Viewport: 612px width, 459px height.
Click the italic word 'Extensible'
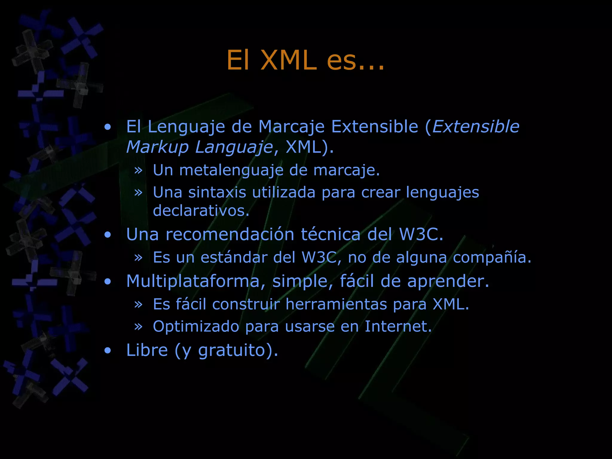476,127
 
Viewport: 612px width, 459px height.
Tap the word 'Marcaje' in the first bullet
291,127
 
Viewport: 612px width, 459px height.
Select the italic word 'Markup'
157,147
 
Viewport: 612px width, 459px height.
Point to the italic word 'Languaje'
234,147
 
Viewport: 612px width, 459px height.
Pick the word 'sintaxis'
217,192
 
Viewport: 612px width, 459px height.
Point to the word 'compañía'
492,257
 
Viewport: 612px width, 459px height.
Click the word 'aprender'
448,281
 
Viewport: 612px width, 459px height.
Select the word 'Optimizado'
196,326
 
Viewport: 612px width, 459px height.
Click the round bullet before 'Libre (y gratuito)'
108,351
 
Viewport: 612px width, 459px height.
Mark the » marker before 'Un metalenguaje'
138,170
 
